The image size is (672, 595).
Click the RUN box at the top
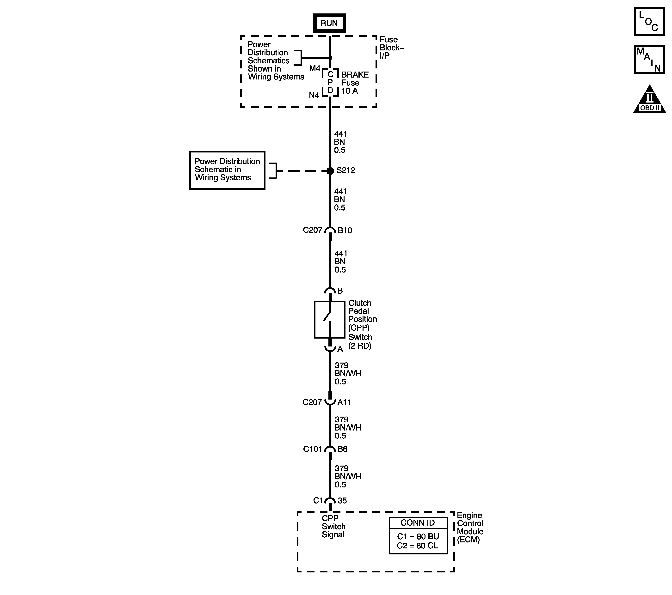329,23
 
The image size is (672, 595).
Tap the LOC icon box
649,21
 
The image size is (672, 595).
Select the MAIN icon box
649,60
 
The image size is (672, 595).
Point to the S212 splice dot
330,171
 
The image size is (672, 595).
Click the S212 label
346,170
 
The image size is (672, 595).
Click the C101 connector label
312,449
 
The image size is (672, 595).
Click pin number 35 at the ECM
342,501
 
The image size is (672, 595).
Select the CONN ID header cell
418,523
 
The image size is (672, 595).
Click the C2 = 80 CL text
418,546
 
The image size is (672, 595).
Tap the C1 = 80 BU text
418,536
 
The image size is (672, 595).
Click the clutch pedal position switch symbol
329,319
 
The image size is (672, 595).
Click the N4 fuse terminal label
314,95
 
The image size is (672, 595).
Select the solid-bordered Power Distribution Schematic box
227,170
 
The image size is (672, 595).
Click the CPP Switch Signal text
333,526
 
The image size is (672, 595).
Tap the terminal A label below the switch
340,349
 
